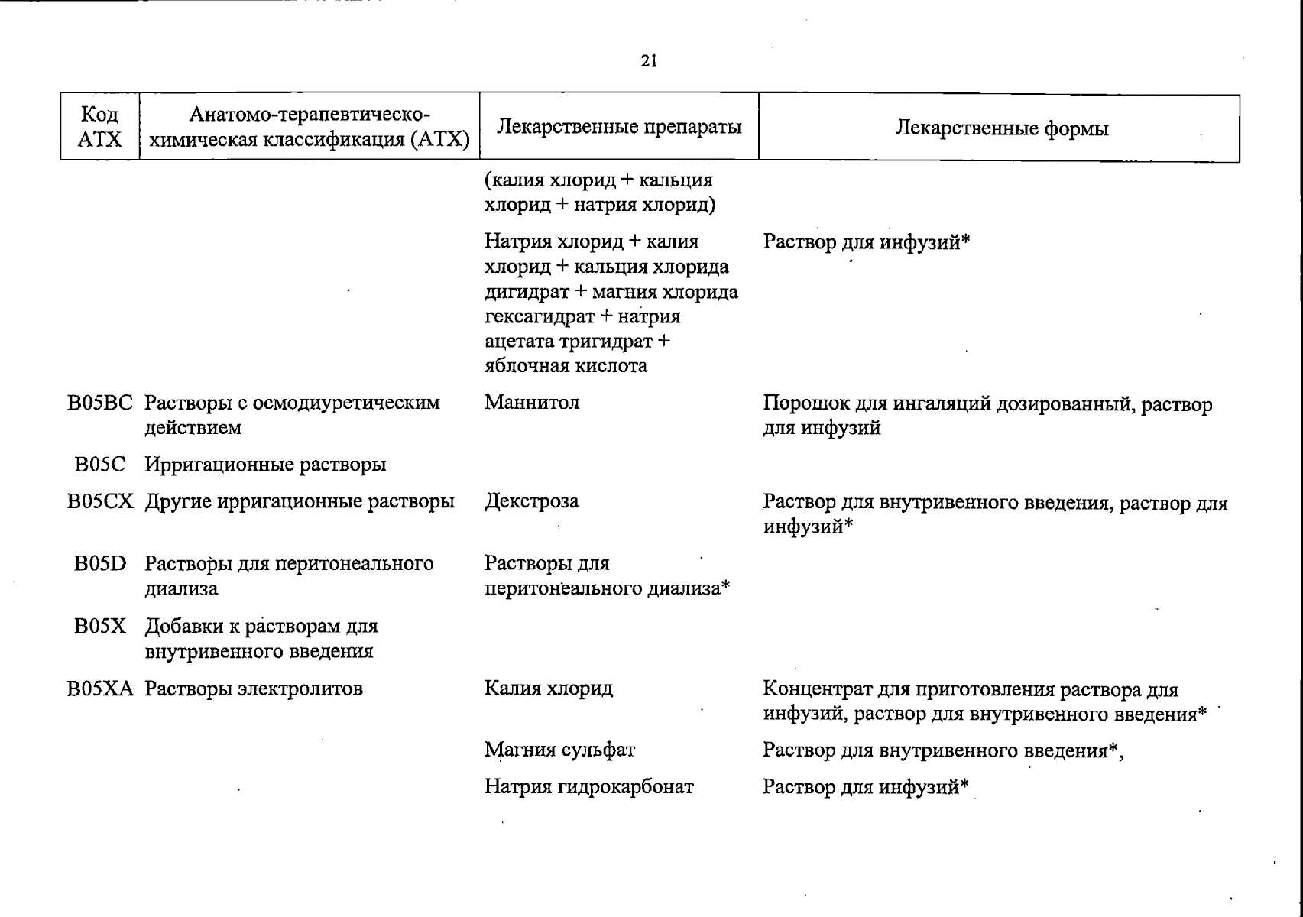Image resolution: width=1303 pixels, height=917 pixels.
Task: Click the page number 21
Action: point(649,62)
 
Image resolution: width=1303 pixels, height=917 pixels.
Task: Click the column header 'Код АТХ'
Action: point(100,127)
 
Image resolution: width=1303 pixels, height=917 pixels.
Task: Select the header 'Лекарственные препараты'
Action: point(619,127)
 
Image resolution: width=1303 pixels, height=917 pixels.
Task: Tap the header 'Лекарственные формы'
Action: point(1001,128)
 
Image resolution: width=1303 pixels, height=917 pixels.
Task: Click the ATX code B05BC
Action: point(99,403)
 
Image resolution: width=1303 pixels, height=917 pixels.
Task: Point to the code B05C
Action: point(99,465)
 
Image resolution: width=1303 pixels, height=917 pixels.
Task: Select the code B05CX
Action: point(100,502)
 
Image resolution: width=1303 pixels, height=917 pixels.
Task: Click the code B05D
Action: point(99,564)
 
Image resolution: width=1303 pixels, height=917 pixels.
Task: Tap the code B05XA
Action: point(100,689)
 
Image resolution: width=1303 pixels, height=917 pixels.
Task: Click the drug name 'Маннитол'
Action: point(532,403)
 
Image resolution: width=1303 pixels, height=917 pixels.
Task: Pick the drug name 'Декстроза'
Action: point(532,502)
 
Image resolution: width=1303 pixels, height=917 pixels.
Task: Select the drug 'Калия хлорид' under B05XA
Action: point(549,689)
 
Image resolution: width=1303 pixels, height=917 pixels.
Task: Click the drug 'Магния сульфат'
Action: point(559,750)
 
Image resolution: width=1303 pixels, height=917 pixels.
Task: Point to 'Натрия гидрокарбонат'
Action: point(589,787)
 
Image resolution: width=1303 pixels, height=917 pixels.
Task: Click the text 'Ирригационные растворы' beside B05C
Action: point(265,465)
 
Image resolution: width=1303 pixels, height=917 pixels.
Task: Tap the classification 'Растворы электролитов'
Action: point(254,689)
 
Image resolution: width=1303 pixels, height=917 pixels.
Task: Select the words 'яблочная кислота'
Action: point(566,366)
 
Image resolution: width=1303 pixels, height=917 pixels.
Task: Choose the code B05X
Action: point(99,627)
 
